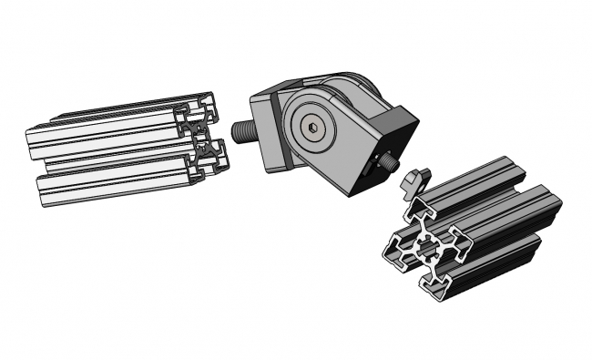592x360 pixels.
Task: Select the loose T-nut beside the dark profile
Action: pos(413,180)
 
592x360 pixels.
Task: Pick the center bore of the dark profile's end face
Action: pos(428,247)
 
